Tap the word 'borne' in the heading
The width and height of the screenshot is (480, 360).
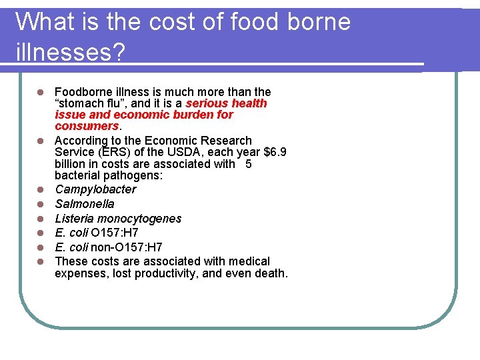click(x=319, y=22)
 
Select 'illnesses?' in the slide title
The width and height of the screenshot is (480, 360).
click(x=70, y=52)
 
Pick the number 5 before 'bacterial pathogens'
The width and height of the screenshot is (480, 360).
click(x=249, y=164)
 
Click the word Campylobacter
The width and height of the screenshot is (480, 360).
click(x=95, y=189)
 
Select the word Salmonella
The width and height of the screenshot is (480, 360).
click(x=85, y=204)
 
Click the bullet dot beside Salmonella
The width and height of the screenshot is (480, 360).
click(x=40, y=204)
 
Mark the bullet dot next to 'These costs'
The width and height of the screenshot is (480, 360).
click(x=40, y=261)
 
